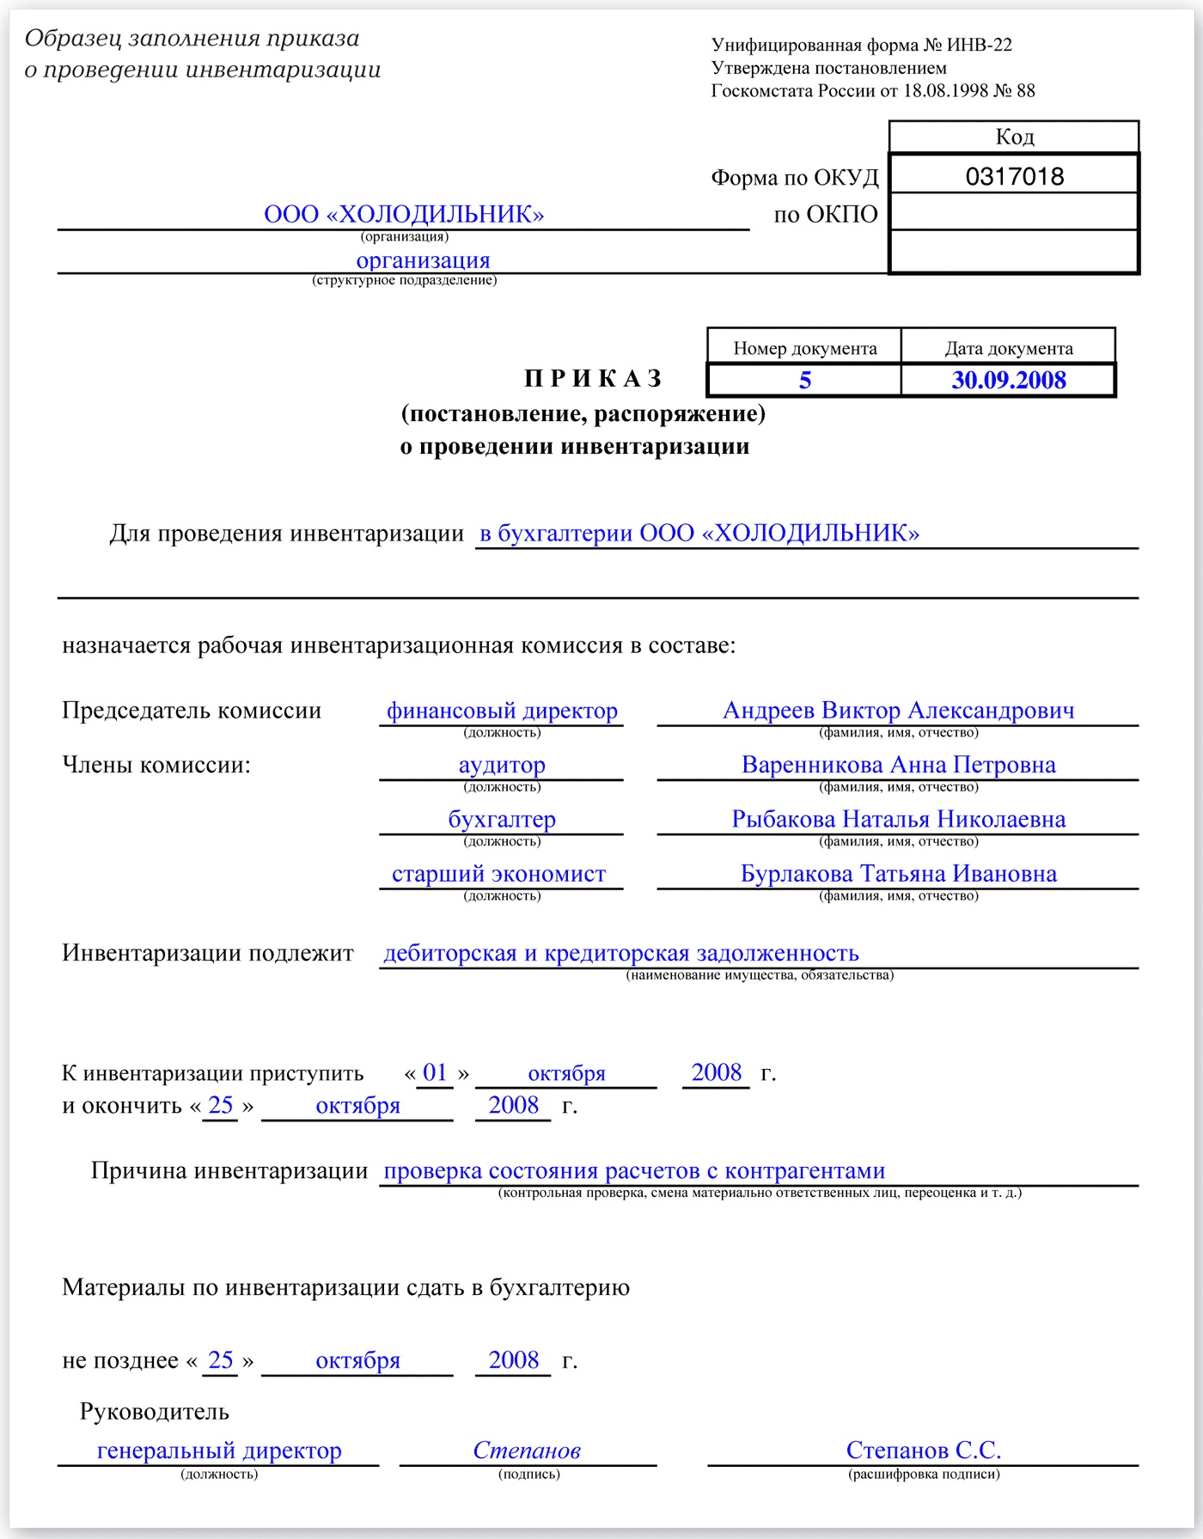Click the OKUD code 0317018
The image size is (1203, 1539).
pyautogui.click(x=1014, y=176)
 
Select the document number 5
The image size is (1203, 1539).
pyautogui.click(x=804, y=381)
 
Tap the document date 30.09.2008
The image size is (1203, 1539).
pyautogui.click(x=1008, y=381)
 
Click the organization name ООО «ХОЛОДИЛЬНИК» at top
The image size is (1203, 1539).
pyautogui.click(x=404, y=214)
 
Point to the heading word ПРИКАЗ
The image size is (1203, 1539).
pyautogui.click(x=594, y=379)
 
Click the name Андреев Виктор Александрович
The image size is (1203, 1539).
pyautogui.click(x=898, y=711)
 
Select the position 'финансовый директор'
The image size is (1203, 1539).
pyautogui.click(x=502, y=711)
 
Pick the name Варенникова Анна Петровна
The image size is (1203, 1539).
pyautogui.click(x=898, y=765)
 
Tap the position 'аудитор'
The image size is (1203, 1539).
pyautogui.click(x=502, y=765)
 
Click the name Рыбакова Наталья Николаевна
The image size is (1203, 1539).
pyautogui.click(x=898, y=819)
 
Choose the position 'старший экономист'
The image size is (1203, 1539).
pyautogui.click(x=498, y=874)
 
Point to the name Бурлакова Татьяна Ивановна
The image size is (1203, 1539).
pyautogui.click(x=898, y=874)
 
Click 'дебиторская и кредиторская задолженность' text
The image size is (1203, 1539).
pyautogui.click(x=620, y=953)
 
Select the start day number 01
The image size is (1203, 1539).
pyautogui.click(x=435, y=1072)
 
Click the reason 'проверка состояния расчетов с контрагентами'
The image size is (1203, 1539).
pyautogui.click(x=634, y=1170)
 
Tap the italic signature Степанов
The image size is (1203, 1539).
pyautogui.click(x=527, y=1450)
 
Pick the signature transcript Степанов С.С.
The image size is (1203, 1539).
pyautogui.click(x=923, y=1450)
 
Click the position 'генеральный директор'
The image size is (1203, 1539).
pyautogui.click(x=219, y=1450)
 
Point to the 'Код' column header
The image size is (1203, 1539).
pyautogui.click(x=1014, y=137)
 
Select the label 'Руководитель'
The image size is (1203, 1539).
pyautogui.click(x=155, y=1412)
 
